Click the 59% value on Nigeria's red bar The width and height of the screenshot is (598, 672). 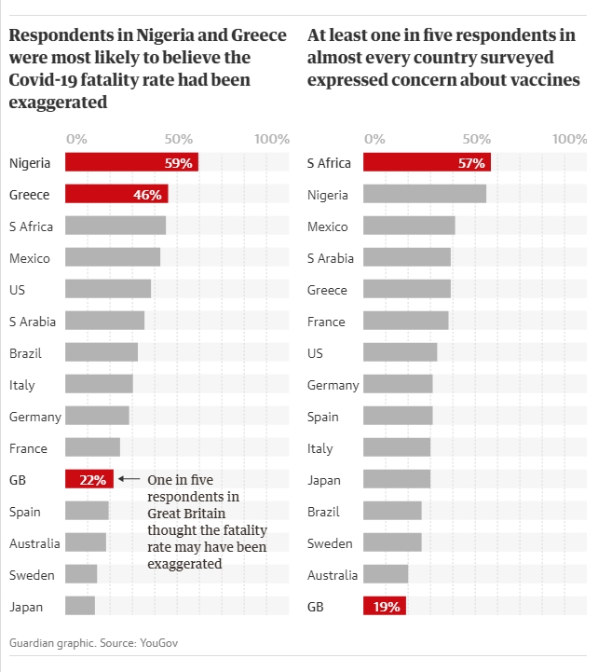point(178,163)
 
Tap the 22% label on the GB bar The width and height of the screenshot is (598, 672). point(93,480)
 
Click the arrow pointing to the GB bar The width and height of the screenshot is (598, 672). point(129,480)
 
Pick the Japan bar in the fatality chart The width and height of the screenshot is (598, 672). point(80,607)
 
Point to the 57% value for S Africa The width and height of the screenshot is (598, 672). point(471,163)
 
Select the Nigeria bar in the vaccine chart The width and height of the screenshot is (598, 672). point(425,195)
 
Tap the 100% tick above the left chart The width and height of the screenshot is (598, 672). point(272,139)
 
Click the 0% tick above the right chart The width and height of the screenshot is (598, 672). point(374,139)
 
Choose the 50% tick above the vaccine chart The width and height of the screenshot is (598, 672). point(477,139)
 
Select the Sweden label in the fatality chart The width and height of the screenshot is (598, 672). point(32,575)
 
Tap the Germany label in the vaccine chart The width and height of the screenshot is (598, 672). point(333,385)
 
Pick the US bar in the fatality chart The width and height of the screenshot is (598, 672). point(108,290)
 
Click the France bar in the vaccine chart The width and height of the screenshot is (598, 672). point(406,322)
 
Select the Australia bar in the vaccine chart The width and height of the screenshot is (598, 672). point(386,575)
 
